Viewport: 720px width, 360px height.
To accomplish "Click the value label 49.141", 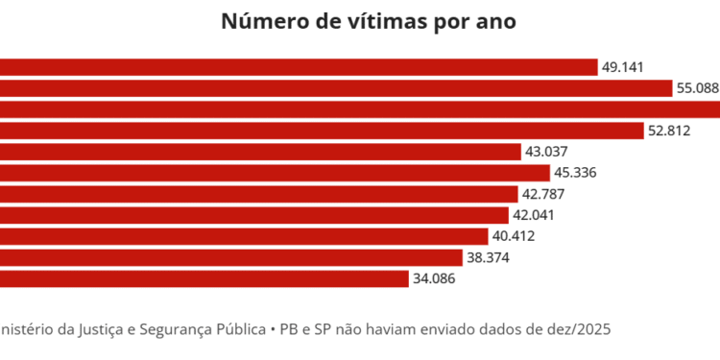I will [x=622, y=67].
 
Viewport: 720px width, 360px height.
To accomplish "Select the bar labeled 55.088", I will [x=336, y=88].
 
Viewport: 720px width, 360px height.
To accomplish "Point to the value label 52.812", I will [x=670, y=131].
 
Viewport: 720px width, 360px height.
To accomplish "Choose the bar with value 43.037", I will [x=259, y=152].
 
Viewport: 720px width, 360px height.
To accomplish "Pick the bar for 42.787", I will [x=259, y=194].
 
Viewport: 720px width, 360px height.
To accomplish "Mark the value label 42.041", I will [x=535, y=215].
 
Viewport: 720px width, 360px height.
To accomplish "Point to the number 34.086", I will [x=434, y=278].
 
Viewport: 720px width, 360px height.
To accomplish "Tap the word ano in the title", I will [x=497, y=21].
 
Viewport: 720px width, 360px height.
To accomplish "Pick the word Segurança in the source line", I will [x=180, y=329].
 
